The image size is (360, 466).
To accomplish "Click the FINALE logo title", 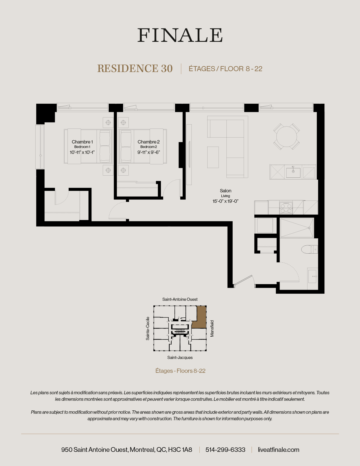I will tap(180, 35).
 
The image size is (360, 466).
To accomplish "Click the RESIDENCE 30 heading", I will tap(135, 69).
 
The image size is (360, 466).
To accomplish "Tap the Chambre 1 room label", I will tap(82, 142).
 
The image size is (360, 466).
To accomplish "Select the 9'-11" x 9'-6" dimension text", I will tap(149, 152).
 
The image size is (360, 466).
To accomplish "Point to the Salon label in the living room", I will tap(226, 191).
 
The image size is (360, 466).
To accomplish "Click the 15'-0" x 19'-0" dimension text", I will tap(226, 201).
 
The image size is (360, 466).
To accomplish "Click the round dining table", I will tap(287, 137).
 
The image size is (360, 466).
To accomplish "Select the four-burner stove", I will tap(286, 208).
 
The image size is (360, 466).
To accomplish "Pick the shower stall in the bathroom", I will tap(297, 228).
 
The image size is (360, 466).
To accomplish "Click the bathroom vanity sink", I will tap(312, 276).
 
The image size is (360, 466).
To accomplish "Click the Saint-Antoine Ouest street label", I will tap(180, 299).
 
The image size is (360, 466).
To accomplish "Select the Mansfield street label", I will tap(212, 328).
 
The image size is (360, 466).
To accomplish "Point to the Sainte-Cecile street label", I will tap(148, 328).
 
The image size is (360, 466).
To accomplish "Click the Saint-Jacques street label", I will tap(180, 358).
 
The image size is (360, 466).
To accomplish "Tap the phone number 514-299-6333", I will tap(225, 450).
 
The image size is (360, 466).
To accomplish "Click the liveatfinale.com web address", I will tap(278, 450).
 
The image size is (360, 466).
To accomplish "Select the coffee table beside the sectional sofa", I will tap(213, 157).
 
